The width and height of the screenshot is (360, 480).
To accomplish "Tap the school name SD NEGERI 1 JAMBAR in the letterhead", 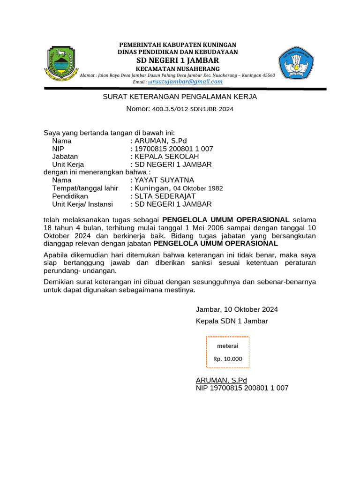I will point(178,60).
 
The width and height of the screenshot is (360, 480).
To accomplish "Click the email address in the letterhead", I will point(185,82).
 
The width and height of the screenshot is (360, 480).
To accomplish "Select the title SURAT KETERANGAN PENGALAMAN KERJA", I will point(180,97).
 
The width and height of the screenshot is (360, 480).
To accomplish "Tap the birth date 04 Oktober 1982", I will point(198,188).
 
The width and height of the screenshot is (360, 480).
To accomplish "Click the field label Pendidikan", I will point(70,196).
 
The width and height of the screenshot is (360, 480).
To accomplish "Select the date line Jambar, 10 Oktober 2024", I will point(237,309).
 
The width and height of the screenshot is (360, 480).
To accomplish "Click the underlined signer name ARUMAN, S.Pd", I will point(221,380).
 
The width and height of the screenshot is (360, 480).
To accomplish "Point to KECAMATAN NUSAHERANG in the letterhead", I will point(178,69).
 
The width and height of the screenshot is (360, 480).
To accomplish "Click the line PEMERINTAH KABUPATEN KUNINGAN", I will point(178,44).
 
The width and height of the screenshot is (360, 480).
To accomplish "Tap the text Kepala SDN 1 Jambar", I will point(232,321).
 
